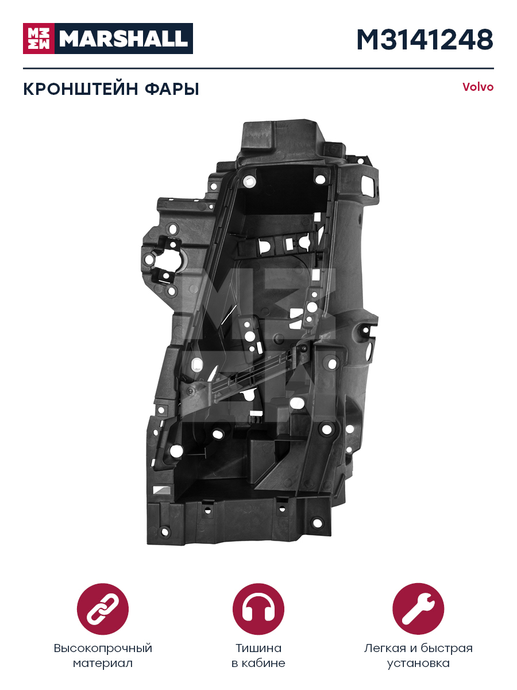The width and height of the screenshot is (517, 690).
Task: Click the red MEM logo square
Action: (x=38, y=39)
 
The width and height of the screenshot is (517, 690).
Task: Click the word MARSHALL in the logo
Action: (x=124, y=39)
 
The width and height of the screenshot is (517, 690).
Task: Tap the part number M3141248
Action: (x=425, y=40)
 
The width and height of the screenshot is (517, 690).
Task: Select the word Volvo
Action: (x=478, y=87)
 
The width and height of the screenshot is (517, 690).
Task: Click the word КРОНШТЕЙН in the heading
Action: (x=80, y=89)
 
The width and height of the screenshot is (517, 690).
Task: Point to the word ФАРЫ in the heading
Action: (x=172, y=89)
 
